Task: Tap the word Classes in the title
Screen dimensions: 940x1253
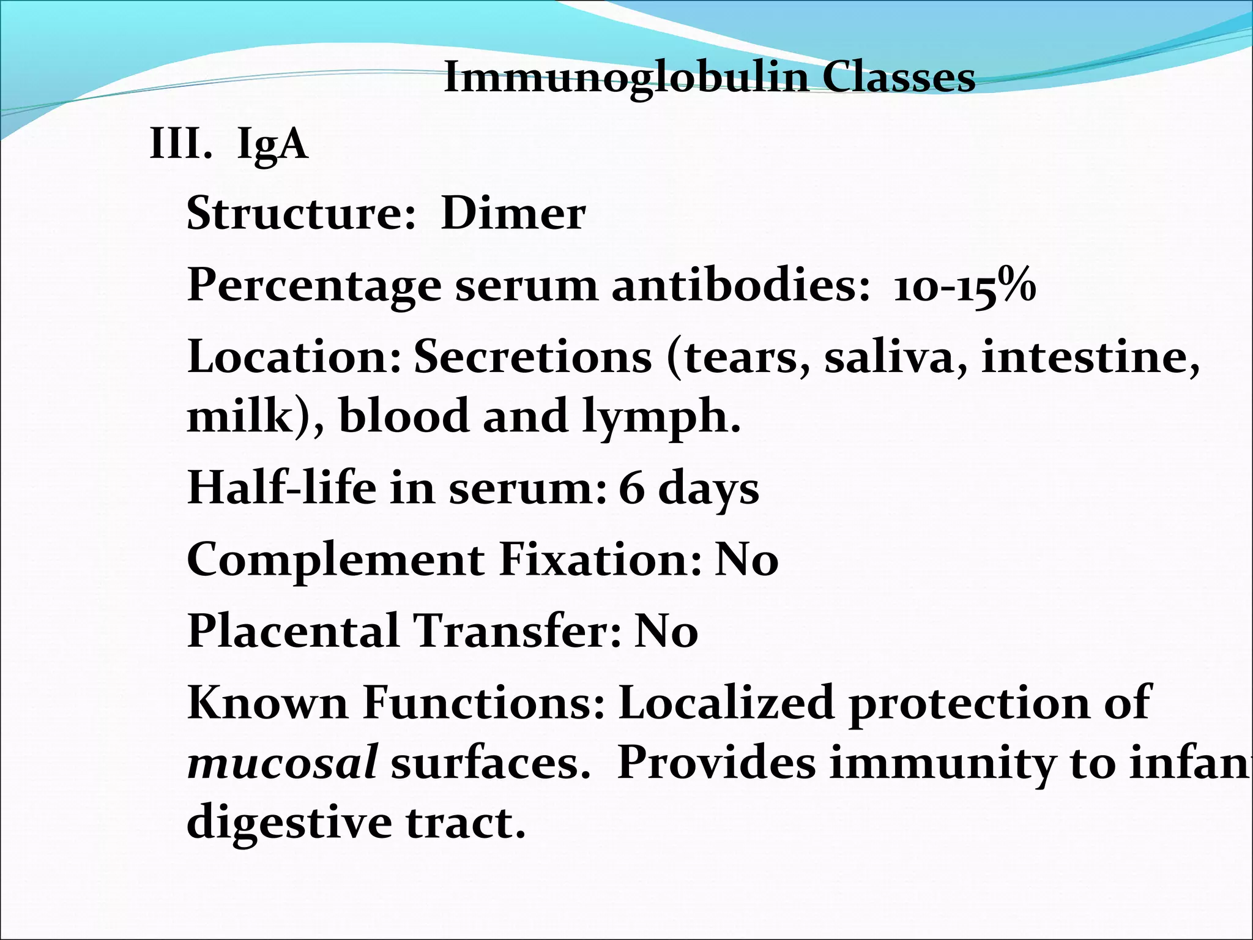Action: [x=898, y=78]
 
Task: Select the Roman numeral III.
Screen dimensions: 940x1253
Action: [x=180, y=144]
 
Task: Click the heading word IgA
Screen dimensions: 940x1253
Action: [x=272, y=146]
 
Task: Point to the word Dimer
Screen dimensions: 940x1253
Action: [x=513, y=214]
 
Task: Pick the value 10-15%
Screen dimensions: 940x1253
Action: [x=964, y=286]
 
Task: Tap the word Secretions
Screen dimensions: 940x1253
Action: [x=533, y=357]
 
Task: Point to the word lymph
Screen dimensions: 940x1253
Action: [x=660, y=417]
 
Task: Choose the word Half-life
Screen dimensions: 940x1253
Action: [x=281, y=488]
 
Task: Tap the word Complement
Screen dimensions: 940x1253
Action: [x=335, y=559]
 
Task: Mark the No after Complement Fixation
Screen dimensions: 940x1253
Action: [x=746, y=559]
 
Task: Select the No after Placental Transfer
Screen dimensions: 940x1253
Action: [x=666, y=631]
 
